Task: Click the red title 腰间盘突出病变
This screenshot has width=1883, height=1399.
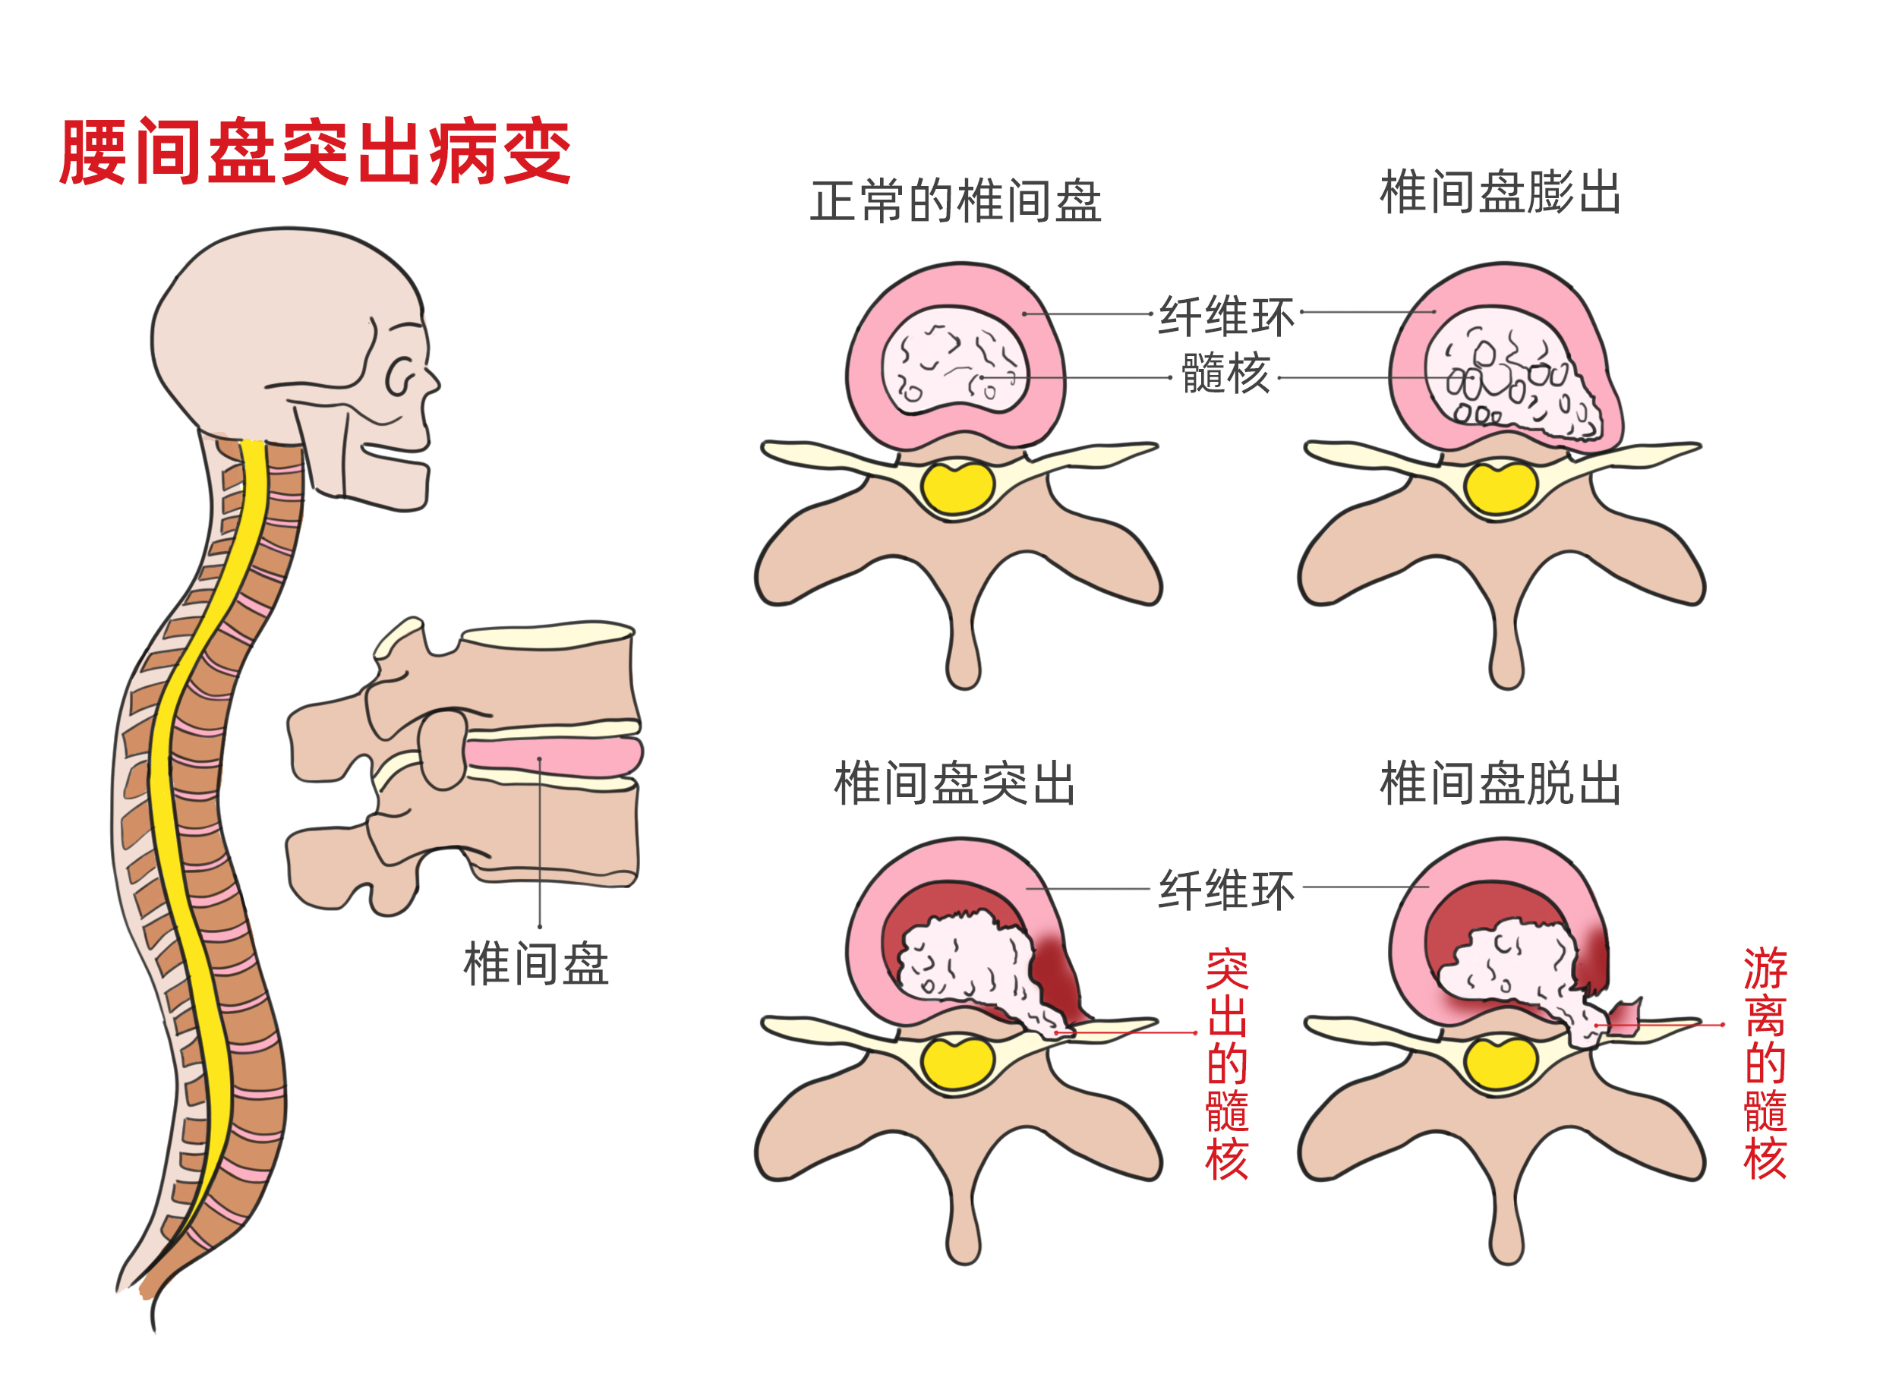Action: click(315, 153)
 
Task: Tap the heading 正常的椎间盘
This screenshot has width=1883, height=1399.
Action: click(955, 202)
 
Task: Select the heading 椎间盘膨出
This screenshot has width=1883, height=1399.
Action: click(1500, 192)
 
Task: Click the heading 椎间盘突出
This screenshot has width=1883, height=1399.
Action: click(954, 783)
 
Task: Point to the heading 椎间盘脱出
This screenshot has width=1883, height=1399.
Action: click(1500, 783)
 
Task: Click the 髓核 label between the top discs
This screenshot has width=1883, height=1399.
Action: click(1225, 373)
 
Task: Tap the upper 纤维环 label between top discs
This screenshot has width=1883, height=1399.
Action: click(1225, 317)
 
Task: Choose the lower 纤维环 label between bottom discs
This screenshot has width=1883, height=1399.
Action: click(1225, 889)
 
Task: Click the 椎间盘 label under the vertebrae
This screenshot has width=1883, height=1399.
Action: click(535, 964)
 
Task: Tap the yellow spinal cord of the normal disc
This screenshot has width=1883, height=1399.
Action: click(957, 489)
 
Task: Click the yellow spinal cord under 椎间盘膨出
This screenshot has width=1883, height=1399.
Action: click(1500, 489)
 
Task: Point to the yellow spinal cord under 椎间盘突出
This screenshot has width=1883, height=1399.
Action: click(957, 1063)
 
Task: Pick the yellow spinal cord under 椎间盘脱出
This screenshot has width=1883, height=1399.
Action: click(1500, 1063)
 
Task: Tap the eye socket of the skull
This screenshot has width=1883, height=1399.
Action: click(399, 377)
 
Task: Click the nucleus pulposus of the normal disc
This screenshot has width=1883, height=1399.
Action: click(954, 362)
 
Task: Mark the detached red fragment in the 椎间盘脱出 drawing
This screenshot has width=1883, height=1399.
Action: click(1625, 1017)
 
